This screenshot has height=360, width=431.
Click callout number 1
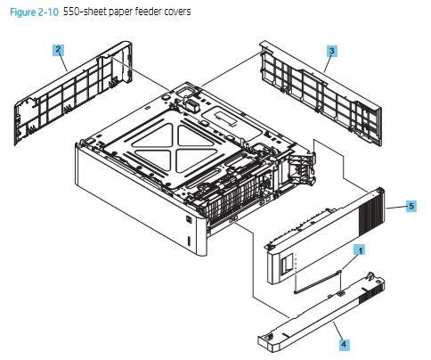pos(360,251)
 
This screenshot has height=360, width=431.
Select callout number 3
pos(331,52)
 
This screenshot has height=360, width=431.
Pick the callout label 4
pos(342,341)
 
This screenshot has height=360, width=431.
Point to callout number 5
pos(411,206)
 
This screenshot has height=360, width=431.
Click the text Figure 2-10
pos(31,12)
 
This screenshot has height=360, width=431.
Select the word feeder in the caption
pos(148,12)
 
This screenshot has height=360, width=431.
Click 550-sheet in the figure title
pos(84,12)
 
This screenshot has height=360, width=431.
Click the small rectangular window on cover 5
pos(288,265)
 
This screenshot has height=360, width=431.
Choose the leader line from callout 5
pos(395,206)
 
